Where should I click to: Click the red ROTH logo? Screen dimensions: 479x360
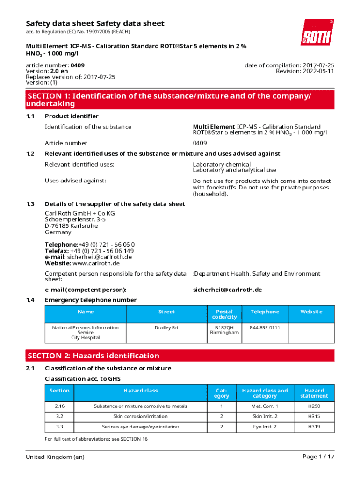317,32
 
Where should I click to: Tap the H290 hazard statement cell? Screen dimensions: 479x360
314,406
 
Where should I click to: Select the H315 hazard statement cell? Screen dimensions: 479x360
314,416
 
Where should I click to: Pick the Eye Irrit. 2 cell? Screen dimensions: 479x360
265,427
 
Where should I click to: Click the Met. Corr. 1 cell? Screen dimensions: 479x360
265,406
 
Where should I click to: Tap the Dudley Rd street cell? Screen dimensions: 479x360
166,328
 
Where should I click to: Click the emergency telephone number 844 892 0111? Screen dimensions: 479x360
265,328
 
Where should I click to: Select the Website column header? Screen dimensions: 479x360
311,312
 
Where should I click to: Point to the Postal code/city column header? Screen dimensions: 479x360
224,314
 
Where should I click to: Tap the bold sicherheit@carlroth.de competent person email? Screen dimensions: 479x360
227,290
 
